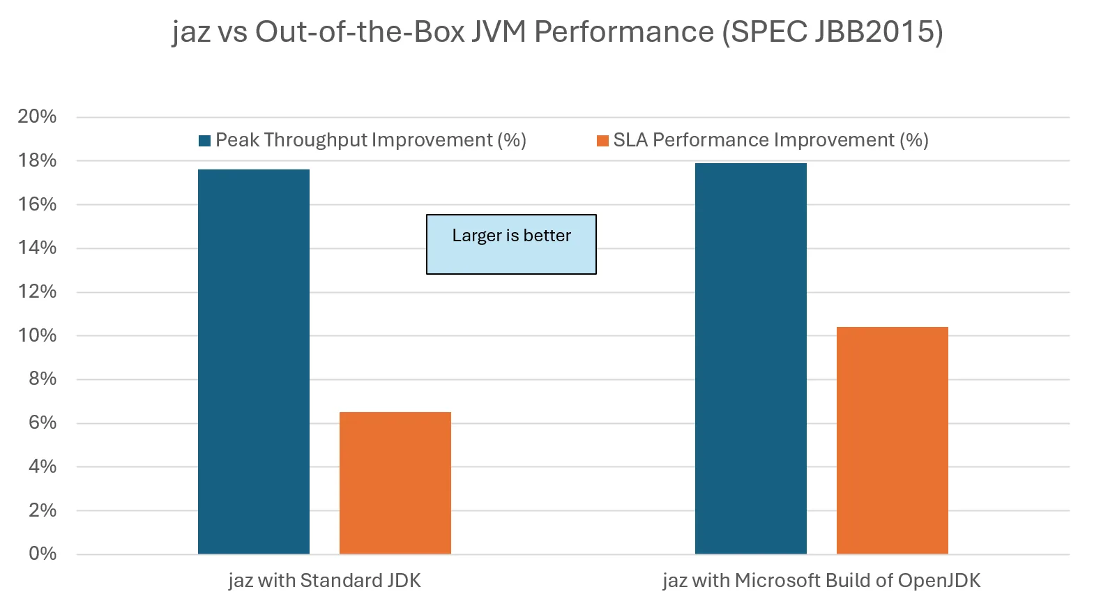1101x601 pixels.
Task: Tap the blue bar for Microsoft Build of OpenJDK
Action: pos(750,358)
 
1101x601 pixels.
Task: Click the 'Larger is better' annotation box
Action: pos(511,244)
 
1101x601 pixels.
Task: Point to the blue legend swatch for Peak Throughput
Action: pos(205,141)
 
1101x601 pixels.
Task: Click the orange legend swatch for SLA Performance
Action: pos(602,141)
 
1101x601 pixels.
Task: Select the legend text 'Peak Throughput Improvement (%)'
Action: pos(370,140)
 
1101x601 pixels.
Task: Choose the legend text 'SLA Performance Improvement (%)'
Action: pos(770,140)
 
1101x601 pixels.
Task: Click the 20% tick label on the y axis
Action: pos(37,116)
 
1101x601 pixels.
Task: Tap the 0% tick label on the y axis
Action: pos(43,554)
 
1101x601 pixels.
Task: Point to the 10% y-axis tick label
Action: pos(37,335)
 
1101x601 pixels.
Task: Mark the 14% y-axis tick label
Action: pos(37,248)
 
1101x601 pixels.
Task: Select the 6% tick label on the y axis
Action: pos(43,423)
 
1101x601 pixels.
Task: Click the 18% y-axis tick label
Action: pos(37,160)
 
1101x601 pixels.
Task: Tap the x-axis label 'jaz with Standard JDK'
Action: pos(324,581)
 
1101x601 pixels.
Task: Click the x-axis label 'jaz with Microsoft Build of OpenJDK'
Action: pos(821,581)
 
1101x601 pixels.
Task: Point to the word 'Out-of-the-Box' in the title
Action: pos(360,32)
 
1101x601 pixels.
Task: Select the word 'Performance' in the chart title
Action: pos(624,32)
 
